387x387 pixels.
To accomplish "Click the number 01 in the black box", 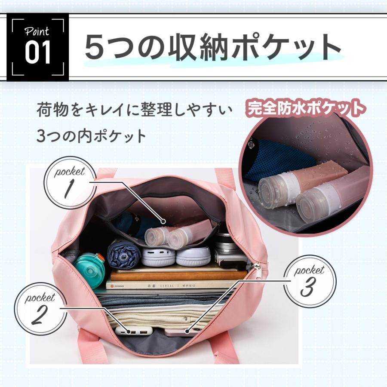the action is point(38,52).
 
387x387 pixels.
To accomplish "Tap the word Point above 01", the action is point(37,31).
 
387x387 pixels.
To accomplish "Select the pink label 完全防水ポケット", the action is point(306,108).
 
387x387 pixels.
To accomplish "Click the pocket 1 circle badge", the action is point(70,183).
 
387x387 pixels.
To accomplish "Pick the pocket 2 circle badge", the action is point(40,308).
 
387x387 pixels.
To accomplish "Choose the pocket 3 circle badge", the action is point(310,281).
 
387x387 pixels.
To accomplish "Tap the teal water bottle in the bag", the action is point(89,270).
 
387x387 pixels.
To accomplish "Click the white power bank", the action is point(133,331).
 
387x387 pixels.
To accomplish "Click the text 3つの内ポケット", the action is point(91,136).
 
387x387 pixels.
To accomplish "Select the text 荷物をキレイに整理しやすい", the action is point(135,110).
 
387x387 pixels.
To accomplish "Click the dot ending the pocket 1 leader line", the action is point(163,221).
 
